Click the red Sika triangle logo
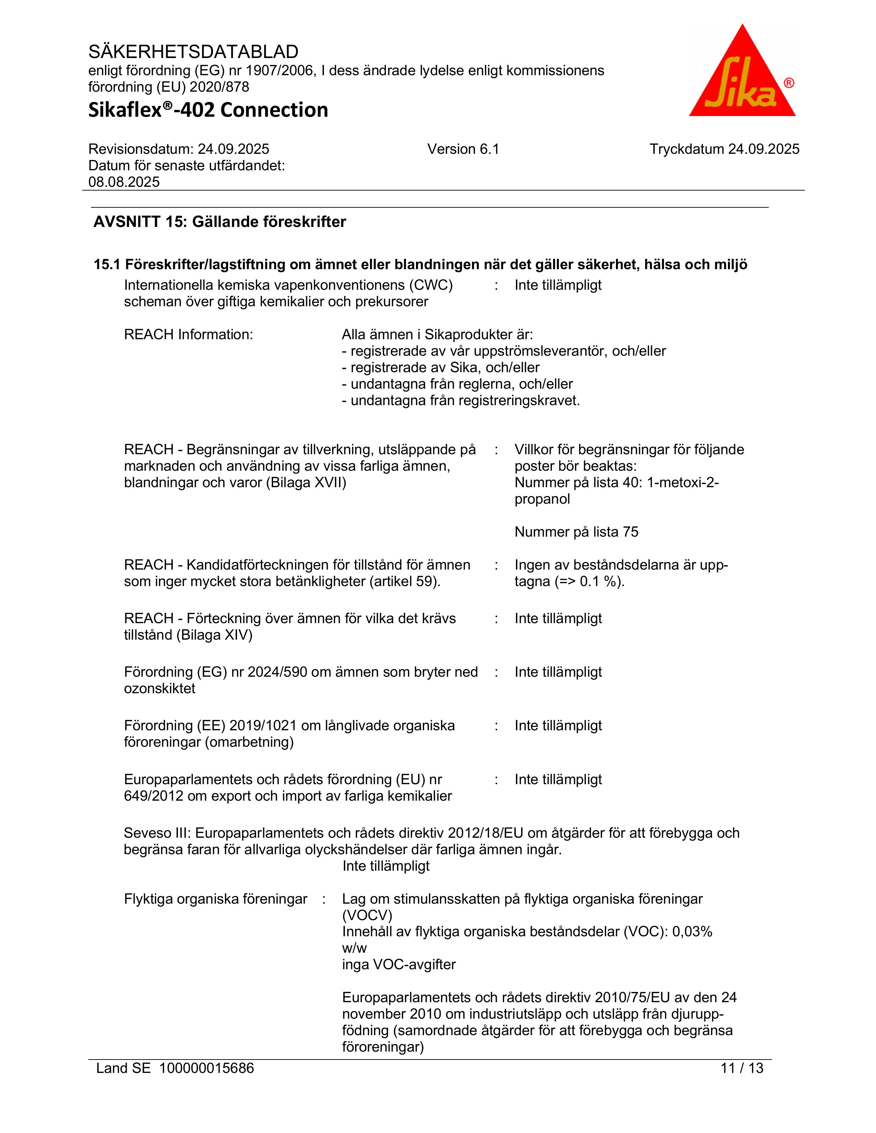tap(742, 75)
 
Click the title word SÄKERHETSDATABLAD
tap(193, 52)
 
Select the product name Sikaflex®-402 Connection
tap(208, 110)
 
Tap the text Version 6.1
tap(463, 149)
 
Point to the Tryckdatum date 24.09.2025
tap(763, 149)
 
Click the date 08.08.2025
tap(124, 182)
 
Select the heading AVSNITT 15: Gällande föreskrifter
tap(220, 222)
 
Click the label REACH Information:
tap(188, 335)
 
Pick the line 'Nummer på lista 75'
tap(576, 532)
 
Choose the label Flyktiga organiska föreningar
tap(215, 899)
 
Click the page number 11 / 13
tap(742, 1068)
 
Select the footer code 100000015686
tap(206, 1068)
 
